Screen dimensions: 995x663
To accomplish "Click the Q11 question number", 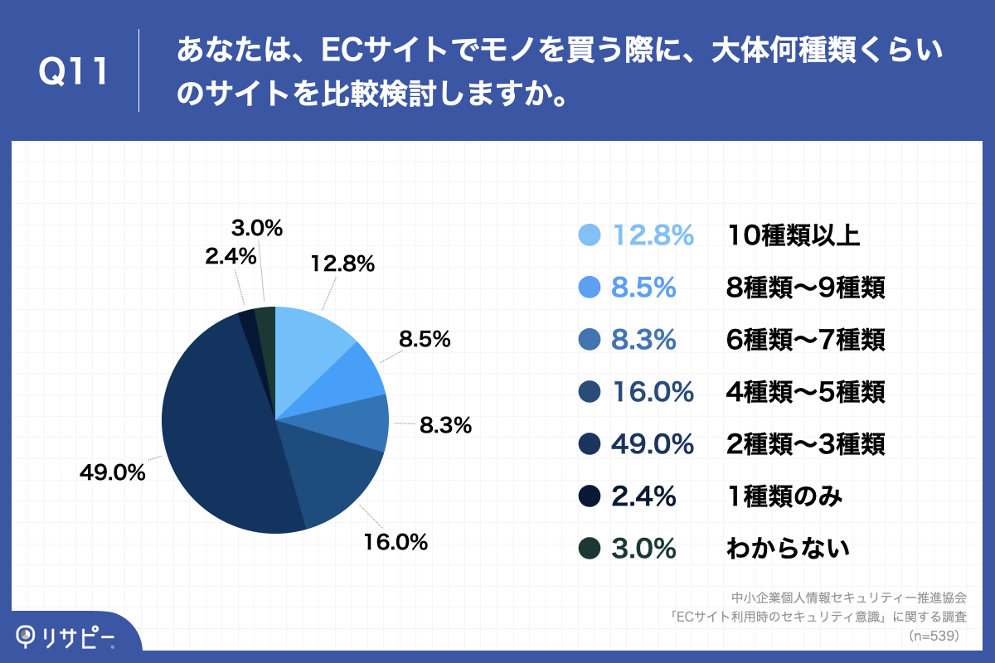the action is (74, 71).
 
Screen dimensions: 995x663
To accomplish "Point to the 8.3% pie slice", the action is (365, 423).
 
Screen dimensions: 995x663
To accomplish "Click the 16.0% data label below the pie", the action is (395, 543).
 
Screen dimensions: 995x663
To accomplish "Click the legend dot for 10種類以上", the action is (589, 235).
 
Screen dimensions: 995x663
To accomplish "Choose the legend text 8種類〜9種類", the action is (805, 288).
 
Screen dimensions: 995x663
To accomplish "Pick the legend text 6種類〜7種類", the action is (805, 340).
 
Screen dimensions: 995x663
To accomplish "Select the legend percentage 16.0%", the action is (653, 391).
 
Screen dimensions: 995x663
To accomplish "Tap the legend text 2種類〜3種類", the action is (805, 443).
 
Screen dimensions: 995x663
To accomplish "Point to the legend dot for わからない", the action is (589, 548).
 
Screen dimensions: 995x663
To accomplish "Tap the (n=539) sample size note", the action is (934, 636).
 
